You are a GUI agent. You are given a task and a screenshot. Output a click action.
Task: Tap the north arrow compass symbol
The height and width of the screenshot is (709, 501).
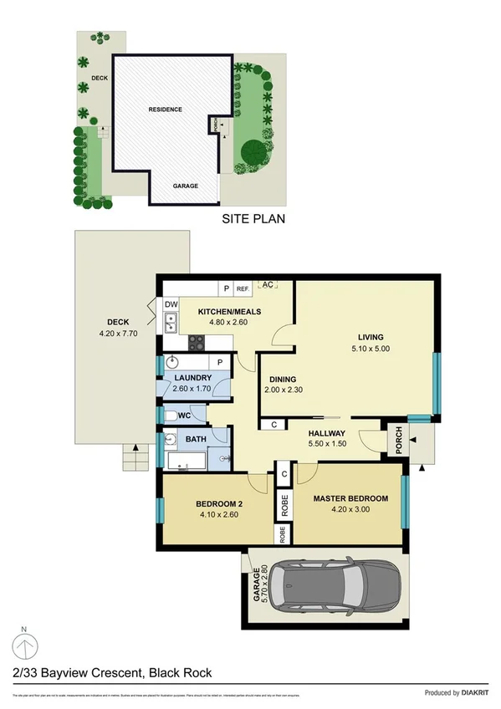click(x=25, y=646)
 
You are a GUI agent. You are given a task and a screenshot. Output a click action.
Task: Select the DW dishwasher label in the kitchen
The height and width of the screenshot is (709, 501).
click(x=171, y=304)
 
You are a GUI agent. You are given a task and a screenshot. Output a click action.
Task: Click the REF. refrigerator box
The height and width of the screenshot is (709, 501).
click(x=243, y=288)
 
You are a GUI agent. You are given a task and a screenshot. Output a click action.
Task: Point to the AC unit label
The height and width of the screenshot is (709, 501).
click(x=268, y=285)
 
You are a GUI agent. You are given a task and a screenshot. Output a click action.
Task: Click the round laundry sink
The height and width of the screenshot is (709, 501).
click(x=171, y=363)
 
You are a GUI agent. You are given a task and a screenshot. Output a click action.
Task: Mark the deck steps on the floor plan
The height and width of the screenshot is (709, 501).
click(x=135, y=457)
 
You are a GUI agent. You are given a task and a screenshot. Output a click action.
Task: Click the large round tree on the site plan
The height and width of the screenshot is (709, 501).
click(x=253, y=152)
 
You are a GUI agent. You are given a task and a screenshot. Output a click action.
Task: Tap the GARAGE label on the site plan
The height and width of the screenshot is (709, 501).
click(x=186, y=186)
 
